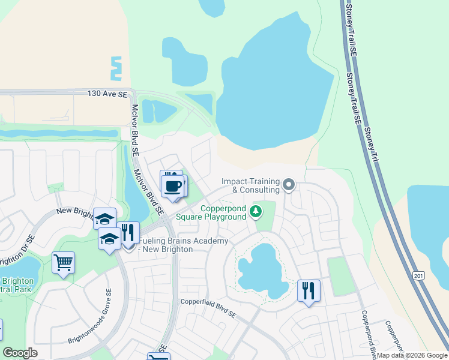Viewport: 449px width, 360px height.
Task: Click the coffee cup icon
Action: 173,186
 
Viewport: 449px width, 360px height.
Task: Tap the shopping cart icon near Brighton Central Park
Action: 63,262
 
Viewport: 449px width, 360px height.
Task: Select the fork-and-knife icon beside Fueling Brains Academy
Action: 128,232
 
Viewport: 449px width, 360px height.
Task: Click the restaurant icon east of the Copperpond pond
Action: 309,290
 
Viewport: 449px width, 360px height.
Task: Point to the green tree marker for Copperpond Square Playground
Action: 256,211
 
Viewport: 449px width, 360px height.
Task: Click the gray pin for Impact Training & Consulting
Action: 289,185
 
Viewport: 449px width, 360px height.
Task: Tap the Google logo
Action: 20,353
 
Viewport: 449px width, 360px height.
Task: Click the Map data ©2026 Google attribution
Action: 412,355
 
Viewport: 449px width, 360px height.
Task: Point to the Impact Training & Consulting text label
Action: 250,185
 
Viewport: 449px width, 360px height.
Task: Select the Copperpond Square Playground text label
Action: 214,212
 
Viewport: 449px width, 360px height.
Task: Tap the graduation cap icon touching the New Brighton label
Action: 104,218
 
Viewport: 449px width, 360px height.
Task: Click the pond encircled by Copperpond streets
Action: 263,271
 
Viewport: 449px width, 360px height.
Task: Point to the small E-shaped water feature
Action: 115,68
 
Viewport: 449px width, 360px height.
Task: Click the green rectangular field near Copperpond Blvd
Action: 342,275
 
